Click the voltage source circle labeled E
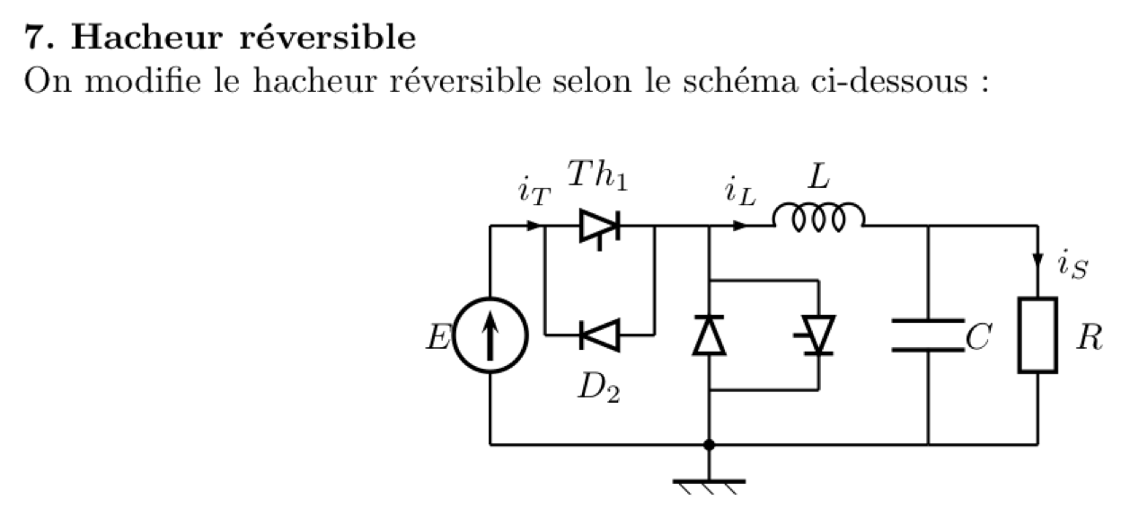click(x=490, y=335)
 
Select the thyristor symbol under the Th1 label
click(x=599, y=226)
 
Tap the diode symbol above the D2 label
click(x=599, y=335)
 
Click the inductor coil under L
click(x=819, y=218)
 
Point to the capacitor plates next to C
click(x=927, y=335)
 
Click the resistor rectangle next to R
click(x=1037, y=335)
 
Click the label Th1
click(x=597, y=177)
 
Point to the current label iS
click(x=1073, y=265)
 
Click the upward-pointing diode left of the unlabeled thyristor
click(x=709, y=335)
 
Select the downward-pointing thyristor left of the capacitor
click(x=817, y=335)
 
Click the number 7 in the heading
click(x=34, y=39)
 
